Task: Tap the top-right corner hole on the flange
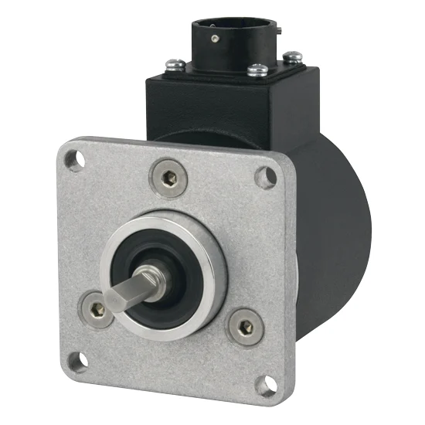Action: click(x=265, y=176)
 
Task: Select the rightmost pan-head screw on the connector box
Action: click(x=294, y=56)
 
